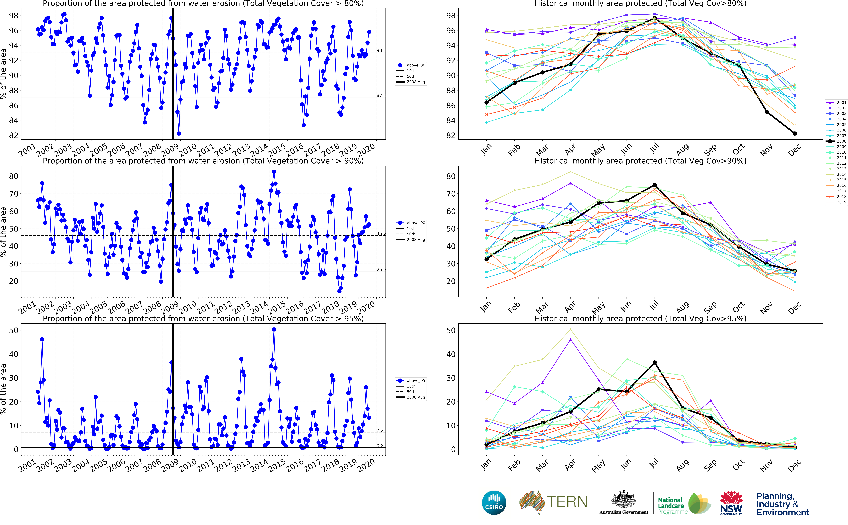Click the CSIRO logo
tap(494, 502)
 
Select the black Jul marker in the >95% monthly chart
tap(654, 363)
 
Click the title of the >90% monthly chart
tap(640, 161)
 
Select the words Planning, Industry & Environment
tap(782, 504)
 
